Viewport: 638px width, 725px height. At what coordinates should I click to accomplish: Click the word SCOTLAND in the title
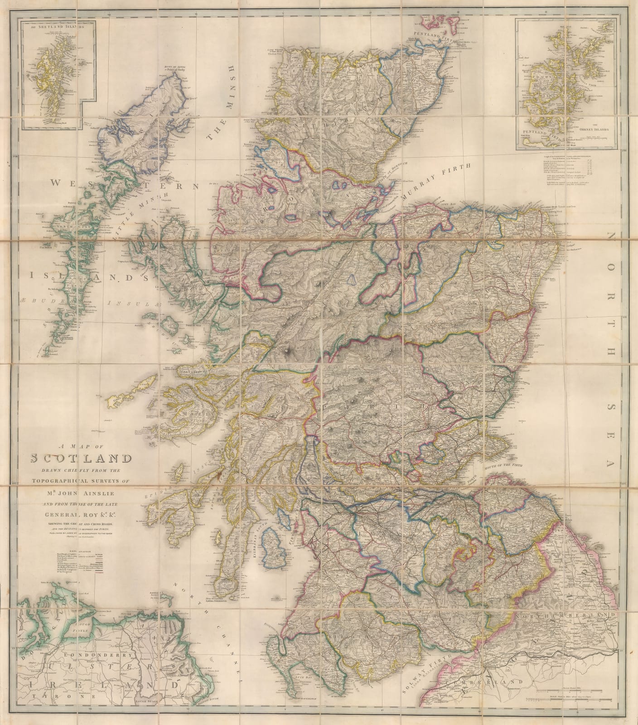(x=81, y=459)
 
